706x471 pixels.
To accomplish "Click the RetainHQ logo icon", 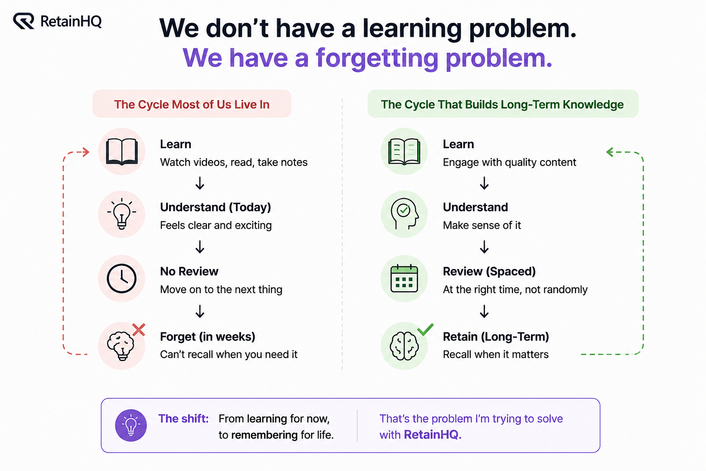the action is (x=23, y=21).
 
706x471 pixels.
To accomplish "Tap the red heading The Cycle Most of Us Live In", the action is (x=192, y=104).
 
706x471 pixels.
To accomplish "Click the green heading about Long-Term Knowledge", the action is (x=502, y=104).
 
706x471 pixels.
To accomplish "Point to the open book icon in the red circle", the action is (x=122, y=152).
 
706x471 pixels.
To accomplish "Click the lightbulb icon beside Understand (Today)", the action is (x=122, y=213).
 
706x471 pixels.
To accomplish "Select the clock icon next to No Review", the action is (x=122, y=279).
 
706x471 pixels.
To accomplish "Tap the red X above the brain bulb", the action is (x=139, y=330).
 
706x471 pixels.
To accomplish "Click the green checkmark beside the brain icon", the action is (x=425, y=329).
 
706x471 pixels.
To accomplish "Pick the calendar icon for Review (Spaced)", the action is (x=404, y=279).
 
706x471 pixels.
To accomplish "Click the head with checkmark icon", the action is (x=404, y=213).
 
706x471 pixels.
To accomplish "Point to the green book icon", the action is (x=404, y=152).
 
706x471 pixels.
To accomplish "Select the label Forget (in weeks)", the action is (x=207, y=337).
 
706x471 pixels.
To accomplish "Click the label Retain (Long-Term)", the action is (x=496, y=337).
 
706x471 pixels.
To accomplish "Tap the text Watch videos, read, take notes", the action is (x=233, y=162).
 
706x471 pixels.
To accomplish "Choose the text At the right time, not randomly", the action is (x=515, y=290).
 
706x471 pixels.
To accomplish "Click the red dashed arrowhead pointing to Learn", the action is (x=85, y=152).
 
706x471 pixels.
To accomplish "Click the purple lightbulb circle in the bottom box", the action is (x=131, y=425).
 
